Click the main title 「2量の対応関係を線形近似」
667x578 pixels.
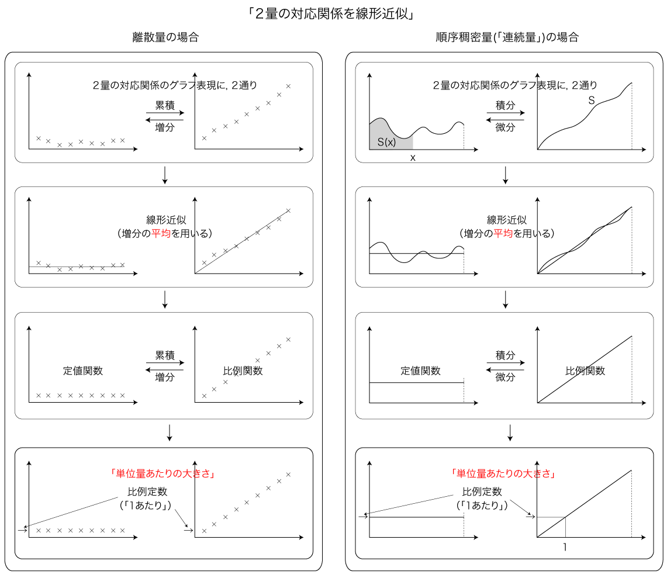tap(332, 14)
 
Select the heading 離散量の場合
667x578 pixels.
tap(165, 37)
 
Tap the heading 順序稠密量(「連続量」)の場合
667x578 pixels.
tap(507, 37)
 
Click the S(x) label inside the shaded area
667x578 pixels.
tap(386, 141)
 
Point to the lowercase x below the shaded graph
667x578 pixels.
tap(413, 158)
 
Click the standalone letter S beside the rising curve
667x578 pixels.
tap(591, 101)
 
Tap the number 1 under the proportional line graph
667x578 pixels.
tap(565, 547)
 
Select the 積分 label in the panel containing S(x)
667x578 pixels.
tap(505, 105)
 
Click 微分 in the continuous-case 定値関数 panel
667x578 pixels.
tap(505, 377)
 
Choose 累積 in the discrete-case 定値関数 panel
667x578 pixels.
tap(165, 355)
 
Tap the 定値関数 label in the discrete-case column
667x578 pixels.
tap(83, 371)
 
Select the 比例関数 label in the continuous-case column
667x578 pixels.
tap(585, 371)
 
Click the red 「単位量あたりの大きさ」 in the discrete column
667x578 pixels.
tap(162, 473)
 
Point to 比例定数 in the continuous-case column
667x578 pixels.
tap(482, 492)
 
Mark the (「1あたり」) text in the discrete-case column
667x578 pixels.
tap(146, 505)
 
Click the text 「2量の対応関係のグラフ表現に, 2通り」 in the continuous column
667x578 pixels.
tap(515, 85)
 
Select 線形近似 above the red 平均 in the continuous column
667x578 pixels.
tap(507, 220)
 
